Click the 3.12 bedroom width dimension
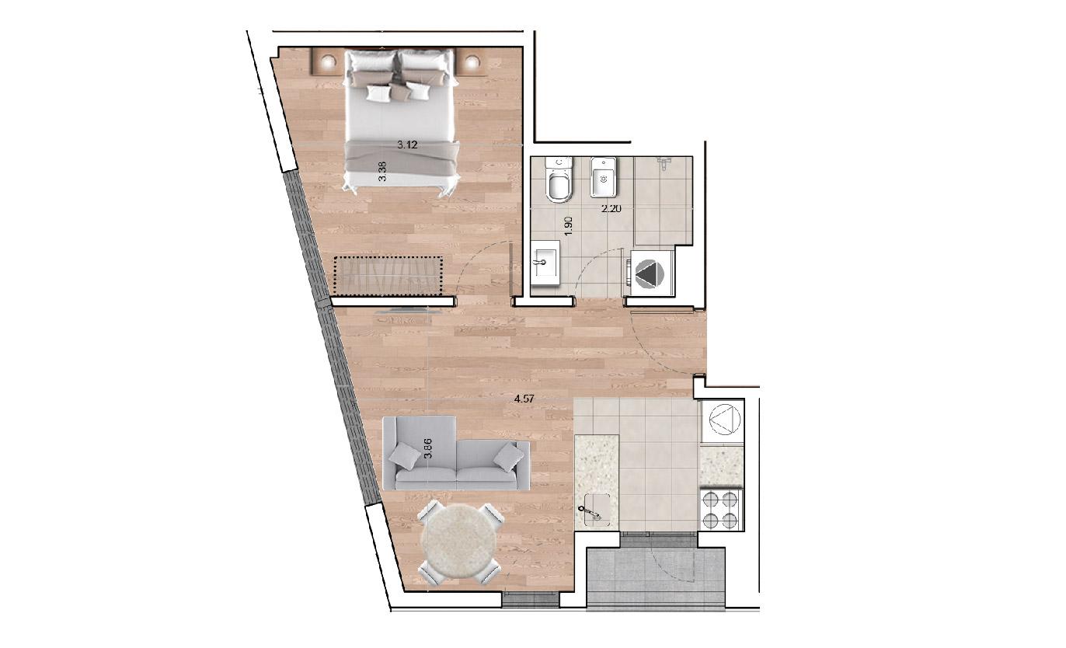click(407, 145)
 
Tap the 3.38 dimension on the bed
click(382, 172)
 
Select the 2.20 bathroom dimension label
click(611, 208)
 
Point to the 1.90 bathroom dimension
click(568, 226)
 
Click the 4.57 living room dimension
click(524, 399)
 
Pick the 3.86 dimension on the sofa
click(428, 448)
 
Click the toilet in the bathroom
click(559, 179)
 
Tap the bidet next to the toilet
click(604, 177)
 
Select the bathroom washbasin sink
click(545, 263)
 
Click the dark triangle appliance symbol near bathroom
click(649, 274)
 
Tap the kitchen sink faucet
click(590, 514)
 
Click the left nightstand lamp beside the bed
click(327, 61)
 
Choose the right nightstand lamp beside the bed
click(471, 62)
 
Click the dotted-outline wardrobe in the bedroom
click(388, 275)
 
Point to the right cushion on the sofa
click(508, 456)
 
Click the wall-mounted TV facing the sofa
click(409, 311)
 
